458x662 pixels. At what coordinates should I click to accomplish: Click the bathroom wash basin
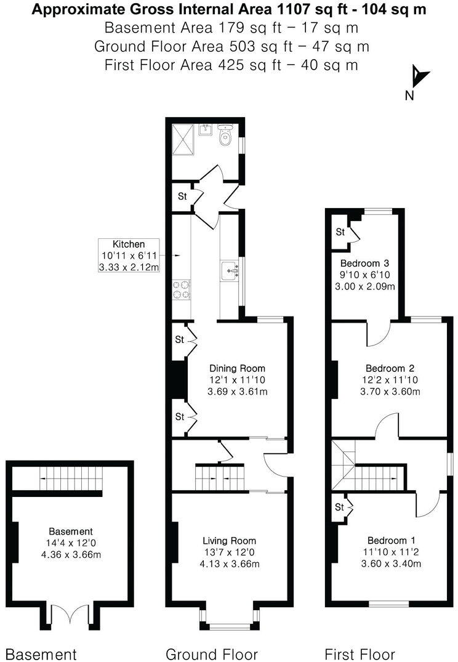click(206, 130)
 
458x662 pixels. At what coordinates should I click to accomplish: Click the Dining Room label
click(228, 368)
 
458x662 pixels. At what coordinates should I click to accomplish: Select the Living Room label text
click(231, 541)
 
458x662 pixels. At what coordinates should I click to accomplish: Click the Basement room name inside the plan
click(71, 531)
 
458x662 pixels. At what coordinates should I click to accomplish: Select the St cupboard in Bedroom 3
click(340, 232)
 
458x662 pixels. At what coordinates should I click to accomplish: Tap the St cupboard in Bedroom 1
click(340, 507)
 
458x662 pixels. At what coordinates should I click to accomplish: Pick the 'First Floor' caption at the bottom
click(360, 653)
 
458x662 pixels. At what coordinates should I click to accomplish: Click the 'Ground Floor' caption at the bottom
click(212, 653)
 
